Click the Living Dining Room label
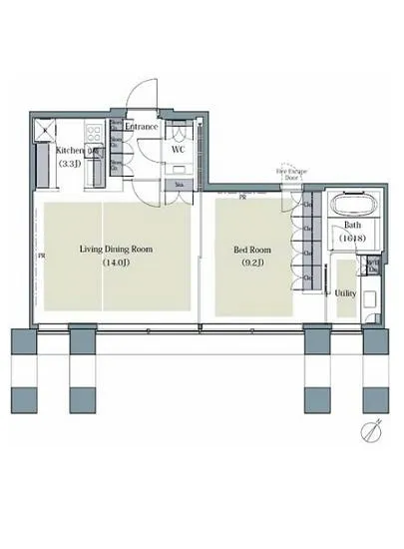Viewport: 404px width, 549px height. [x=117, y=250]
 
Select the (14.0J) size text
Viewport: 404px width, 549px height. [x=117, y=265]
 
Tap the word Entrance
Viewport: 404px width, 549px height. [x=142, y=127]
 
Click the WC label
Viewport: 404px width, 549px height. [x=179, y=149]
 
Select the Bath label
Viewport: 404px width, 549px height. [x=352, y=226]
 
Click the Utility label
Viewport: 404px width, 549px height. [x=345, y=293]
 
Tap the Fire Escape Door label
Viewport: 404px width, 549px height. [x=290, y=175]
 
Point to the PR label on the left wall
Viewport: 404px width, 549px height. [x=41, y=257]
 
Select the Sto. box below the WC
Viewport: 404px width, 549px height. [x=179, y=185]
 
